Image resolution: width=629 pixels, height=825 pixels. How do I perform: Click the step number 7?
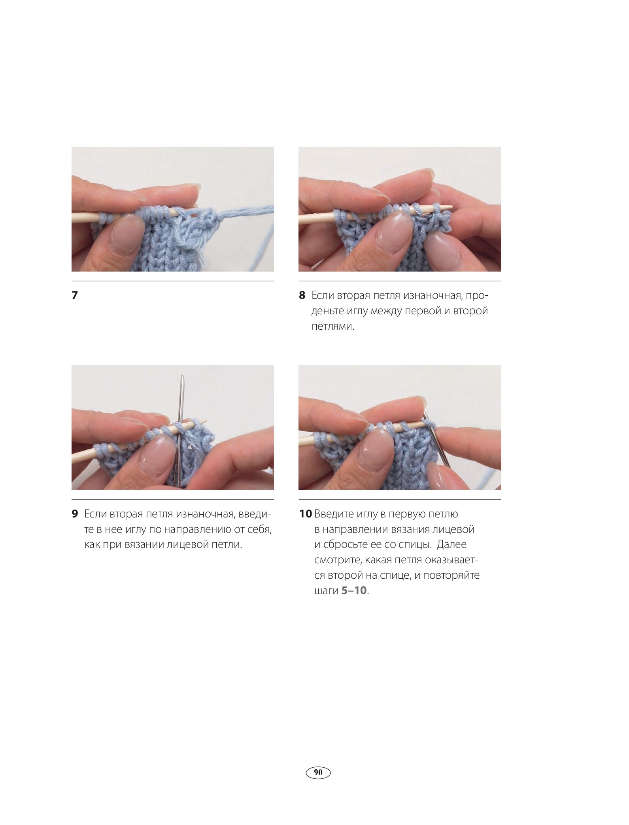coord(75,295)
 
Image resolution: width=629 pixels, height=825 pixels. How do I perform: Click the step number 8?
coord(302,295)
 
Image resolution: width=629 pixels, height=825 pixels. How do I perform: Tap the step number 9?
coord(75,514)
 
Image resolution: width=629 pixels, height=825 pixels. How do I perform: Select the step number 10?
coord(305,514)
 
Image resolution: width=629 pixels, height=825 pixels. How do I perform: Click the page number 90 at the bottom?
coord(318,772)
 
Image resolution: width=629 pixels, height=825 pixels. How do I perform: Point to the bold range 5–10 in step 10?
coord(354,591)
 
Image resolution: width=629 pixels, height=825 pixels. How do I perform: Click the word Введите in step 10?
coord(334,514)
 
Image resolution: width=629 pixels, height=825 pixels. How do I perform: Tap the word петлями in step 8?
coord(332,327)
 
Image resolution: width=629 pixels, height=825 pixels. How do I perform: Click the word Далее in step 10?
coord(451,545)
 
